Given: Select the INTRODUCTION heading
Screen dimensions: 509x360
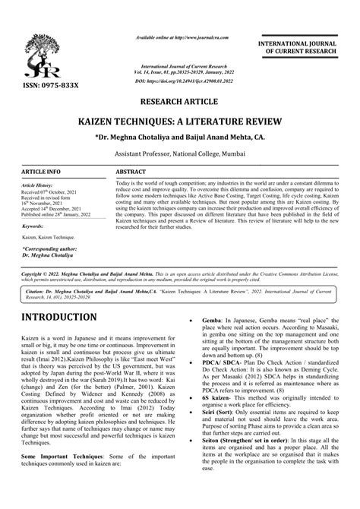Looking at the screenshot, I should click(58, 317).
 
